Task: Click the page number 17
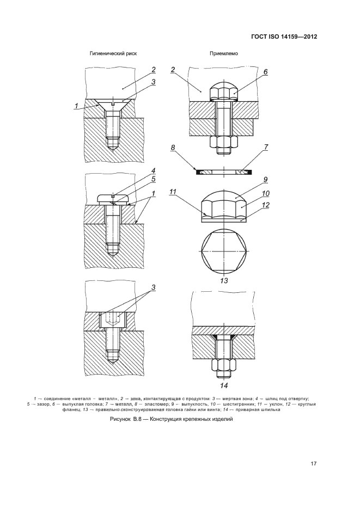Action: [x=313, y=464]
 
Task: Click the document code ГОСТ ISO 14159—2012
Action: [x=284, y=36]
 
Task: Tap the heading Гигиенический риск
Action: [x=113, y=53]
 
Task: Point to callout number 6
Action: [x=265, y=72]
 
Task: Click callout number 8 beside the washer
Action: [x=173, y=148]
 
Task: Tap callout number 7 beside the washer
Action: [x=266, y=147]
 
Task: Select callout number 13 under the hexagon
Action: [x=224, y=281]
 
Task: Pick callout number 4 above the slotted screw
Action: [x=153, y=170]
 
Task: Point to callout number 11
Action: [x=173, y=192]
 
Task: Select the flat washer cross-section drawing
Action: [x=224, y=171]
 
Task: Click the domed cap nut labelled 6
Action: [x=224, y=90]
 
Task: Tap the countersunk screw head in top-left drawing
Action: [x=113, y=105]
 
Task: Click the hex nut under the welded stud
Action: [x=224, y=366]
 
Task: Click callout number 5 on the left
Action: [x=153, y=179]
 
